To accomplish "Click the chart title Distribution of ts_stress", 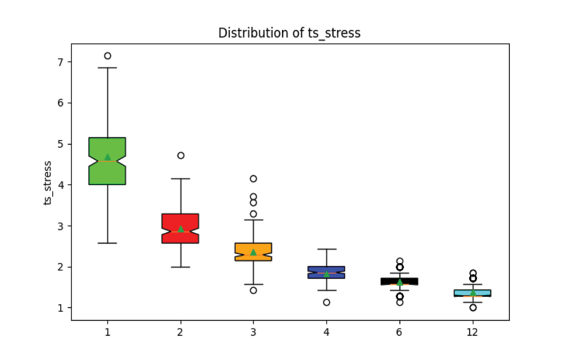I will tap(289, 33).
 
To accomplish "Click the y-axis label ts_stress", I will tap(47, 183).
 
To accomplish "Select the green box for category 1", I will tap(107, 174).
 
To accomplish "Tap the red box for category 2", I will tap(180, 238).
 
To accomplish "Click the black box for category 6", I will tap(399, 281).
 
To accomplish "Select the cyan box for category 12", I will tap(473, 293).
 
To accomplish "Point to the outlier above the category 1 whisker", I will tap(107, 56).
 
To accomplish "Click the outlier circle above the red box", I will tap(181, 155).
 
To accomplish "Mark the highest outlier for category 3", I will tap(253, 178).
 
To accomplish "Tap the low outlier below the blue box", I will tap(326, 302).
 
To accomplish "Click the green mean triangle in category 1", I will tap(107, 157).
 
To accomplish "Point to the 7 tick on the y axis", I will tap(60, 62).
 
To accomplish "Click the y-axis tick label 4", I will tap(60, 185).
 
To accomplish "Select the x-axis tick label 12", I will tap(472, 332).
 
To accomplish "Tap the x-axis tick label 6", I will tap(399, 332).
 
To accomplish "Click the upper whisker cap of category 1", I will tap(107, 68).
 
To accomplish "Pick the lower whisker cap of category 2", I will tap(181, 267).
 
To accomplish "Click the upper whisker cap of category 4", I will tap(327, 249).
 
